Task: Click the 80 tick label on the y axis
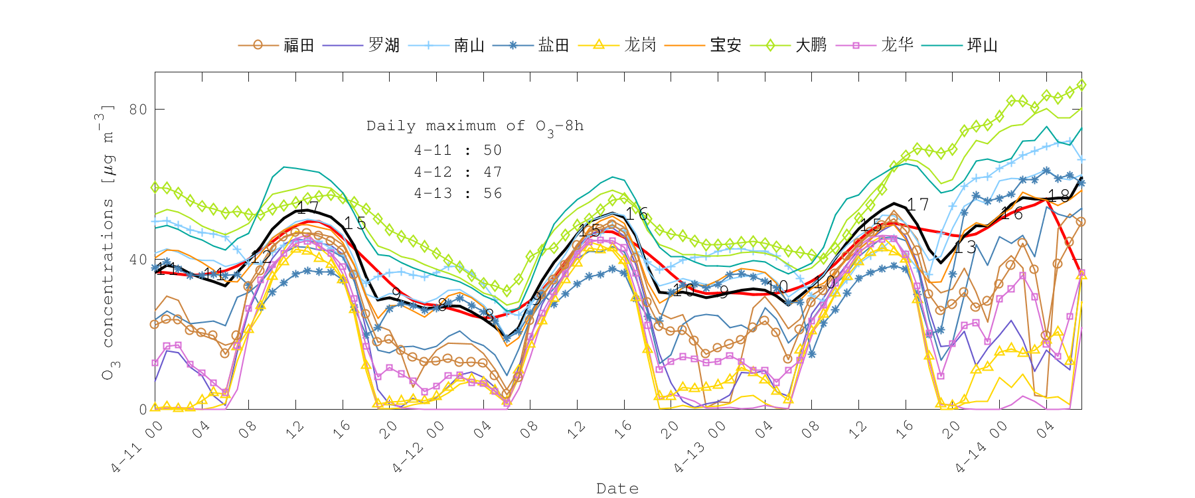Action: [138, 110]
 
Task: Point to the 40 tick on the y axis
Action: [138, 260]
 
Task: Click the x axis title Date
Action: [617, 489]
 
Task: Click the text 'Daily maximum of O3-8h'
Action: [475, 126]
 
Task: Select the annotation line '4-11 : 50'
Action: [457, 150]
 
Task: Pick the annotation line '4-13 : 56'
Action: [457, 193]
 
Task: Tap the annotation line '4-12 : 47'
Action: [457, 172]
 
